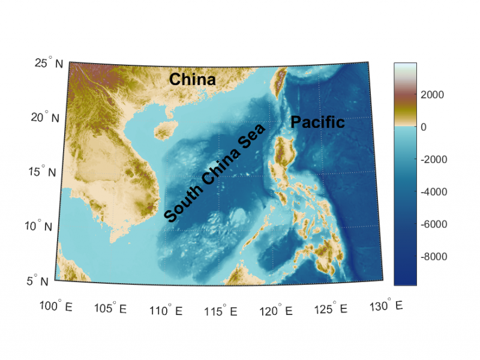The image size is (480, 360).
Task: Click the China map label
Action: pos(192,79)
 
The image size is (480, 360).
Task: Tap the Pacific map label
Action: pos(317,122)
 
